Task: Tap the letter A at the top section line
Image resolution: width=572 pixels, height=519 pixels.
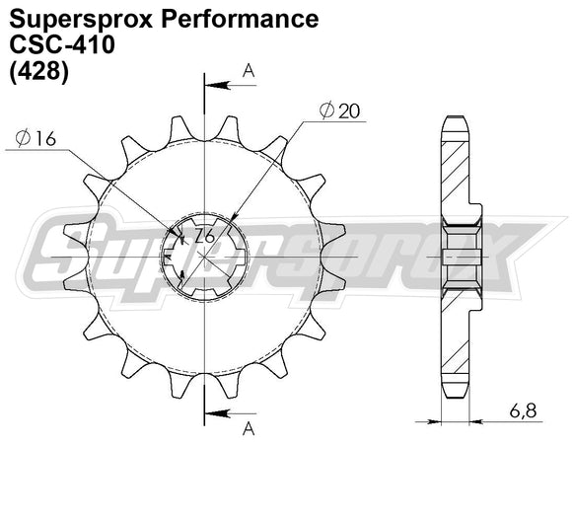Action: click(248, 70)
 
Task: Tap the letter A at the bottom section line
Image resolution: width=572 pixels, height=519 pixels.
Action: click(248, 427)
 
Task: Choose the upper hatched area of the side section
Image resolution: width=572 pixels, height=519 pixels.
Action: click(457, 173)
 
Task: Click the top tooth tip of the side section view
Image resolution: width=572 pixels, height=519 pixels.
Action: click(456, 120)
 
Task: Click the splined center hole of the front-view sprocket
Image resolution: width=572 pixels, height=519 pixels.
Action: click(204, 254)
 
